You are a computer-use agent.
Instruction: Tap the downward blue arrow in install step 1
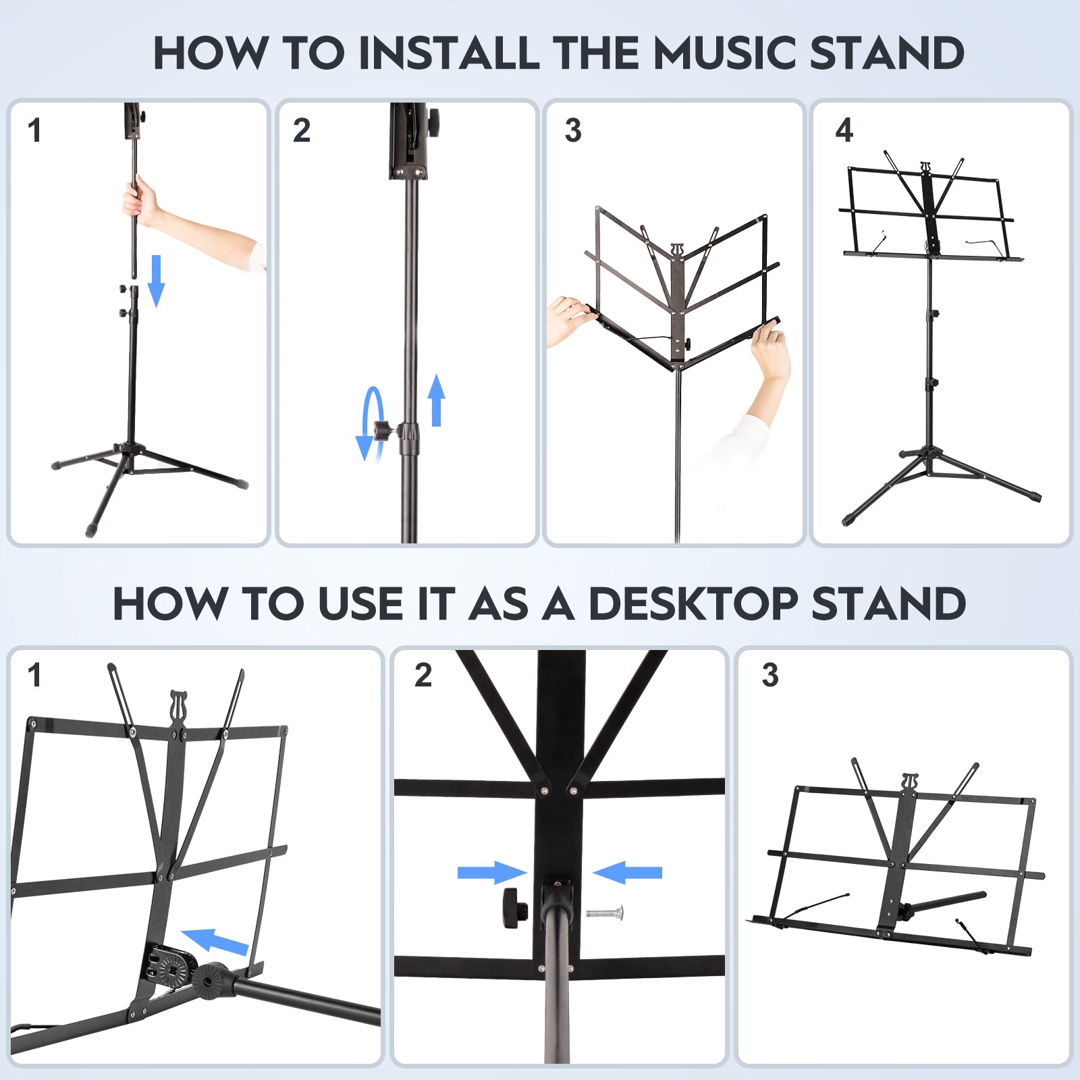156,280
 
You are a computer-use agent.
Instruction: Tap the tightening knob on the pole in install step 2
383,430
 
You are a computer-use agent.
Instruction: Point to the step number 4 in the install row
844,130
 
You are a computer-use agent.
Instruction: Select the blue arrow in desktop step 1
215,941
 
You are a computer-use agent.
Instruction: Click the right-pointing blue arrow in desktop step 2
491,872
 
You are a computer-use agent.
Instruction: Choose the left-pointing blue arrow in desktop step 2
628,872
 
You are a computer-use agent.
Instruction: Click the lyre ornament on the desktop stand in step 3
910,782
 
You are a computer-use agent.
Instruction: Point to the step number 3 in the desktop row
769,675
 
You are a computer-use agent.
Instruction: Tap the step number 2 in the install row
302,130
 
